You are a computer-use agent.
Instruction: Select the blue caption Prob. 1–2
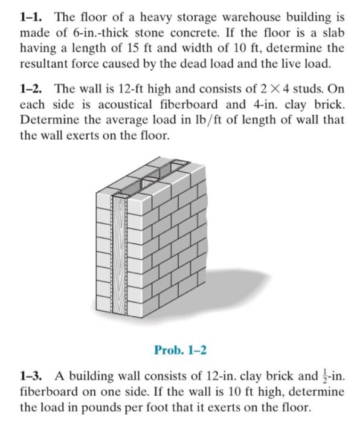click(179, 350)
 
